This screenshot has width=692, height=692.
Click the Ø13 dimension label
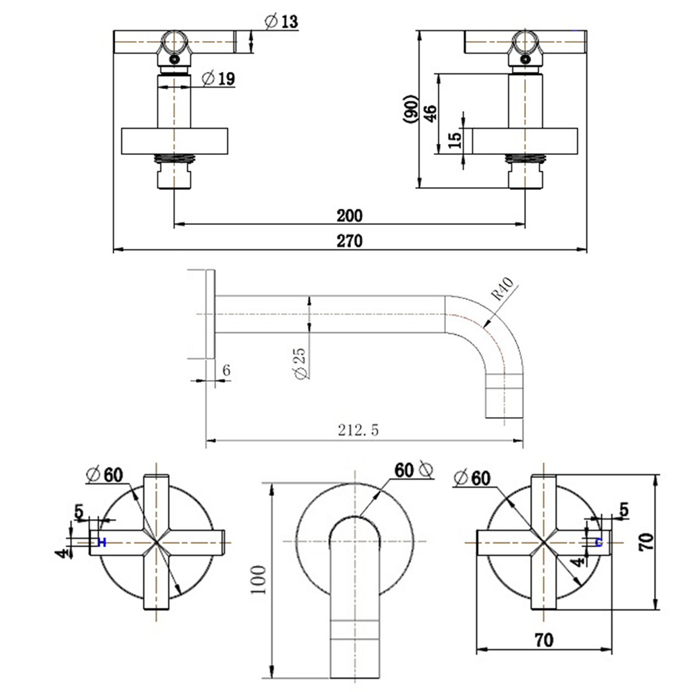[280, 21]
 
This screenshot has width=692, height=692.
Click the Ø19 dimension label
[218, 79]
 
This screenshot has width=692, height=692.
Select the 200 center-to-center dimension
[350, 215]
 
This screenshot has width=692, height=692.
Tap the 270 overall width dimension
[350, 241]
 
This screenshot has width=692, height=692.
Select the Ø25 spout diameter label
[301, 363]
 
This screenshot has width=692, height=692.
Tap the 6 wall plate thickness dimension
[225, 370]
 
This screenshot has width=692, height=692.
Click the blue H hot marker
[101, 543]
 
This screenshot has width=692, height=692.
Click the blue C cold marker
[598, 543]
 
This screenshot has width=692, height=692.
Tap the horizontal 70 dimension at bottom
[545, 639]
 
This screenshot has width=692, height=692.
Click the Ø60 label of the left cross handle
[105, 475]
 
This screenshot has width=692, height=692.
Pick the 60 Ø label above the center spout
[413, 470]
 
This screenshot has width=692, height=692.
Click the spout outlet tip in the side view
[503, 404]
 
